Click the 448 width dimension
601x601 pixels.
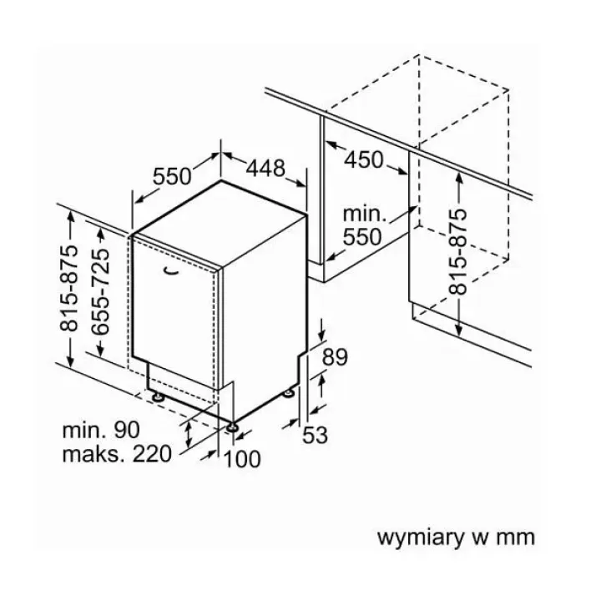tap(265, 168)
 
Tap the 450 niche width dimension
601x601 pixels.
tap(363, 159)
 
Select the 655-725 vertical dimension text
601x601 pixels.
tap(101, 292)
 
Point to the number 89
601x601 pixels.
tap(335, 357)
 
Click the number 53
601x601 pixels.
tap(315, 436)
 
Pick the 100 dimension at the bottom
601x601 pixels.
tap(242, 459)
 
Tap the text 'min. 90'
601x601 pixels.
tap(101, 430)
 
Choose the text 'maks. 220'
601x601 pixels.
tap(117, 454)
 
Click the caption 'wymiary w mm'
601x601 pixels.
tap(456, 537)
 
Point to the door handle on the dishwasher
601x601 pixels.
tap(170, 270)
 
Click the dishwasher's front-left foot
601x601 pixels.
tap(158, 396)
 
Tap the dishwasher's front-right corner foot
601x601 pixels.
tap(232, 427)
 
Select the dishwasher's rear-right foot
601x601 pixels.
tap(289, 393)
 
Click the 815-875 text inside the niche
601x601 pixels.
tap(457, 252)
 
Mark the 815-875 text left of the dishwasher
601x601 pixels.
tap(69, 288)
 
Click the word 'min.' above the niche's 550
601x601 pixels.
tap(365, 214)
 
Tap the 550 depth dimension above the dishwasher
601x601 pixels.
tap(172, 177)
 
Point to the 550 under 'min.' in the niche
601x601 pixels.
tap(362, 236)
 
